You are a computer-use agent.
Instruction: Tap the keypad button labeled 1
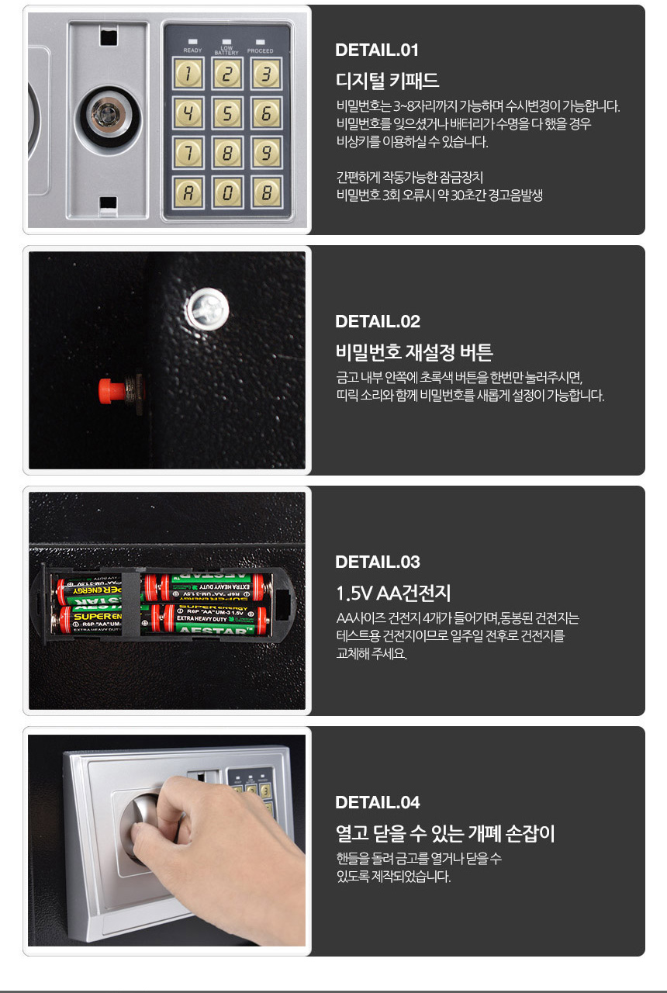[188, 74]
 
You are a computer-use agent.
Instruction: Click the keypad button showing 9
[266, 153]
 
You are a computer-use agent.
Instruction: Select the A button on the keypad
[188, 192]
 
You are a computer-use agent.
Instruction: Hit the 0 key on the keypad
[227, 192]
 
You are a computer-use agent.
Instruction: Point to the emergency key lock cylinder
[108, 116]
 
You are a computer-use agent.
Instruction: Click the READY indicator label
[192, 50]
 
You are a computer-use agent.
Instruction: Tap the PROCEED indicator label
[260, 51]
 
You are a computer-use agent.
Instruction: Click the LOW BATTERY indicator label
[226, 50]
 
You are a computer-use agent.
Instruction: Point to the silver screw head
[207, 309]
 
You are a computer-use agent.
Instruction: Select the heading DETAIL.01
[377, 50]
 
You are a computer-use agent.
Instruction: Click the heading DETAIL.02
[378, 321]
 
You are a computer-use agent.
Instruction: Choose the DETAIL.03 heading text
[378, 562]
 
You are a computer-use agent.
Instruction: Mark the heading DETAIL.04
[378, 802]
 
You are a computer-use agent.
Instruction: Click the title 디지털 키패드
[387, 81]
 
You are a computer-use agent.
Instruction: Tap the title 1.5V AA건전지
[393, 593]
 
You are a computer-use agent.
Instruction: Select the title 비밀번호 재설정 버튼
[414, 352]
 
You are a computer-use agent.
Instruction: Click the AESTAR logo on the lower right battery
[216, 629]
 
